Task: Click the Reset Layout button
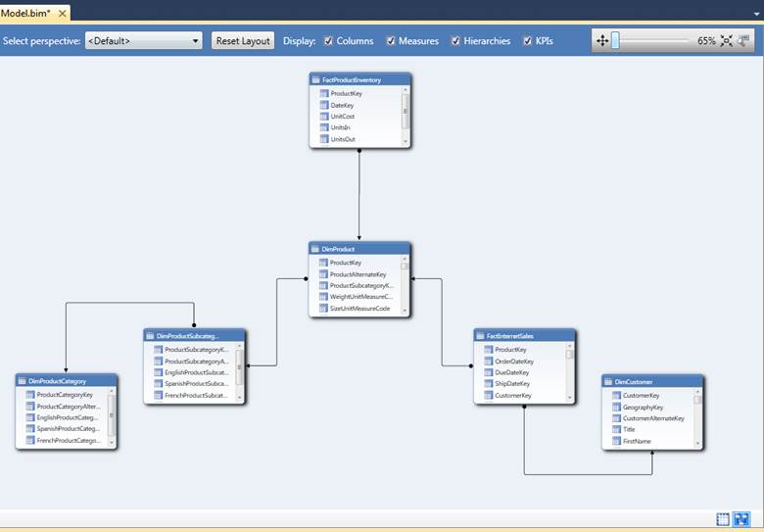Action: click(x=243, y=41)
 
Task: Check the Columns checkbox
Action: click(x=328, y=41)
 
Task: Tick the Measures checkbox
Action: click(x=392, y=41)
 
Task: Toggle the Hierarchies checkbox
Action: click(x=455, y=41)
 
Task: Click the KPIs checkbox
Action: click(x=528, y=41)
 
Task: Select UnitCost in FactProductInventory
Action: click(x=343, y=117)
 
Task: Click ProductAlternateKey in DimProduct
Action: click(x=358, y=274)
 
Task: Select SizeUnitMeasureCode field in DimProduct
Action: click(x=359, y=309)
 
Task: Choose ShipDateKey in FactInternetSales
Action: click(x=512, y=384)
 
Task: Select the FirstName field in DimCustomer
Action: click(x=637, y=441)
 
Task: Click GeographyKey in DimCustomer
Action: click(x=643, y=407)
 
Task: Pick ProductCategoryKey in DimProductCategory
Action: click(x=65, y=395)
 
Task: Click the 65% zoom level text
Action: click(x=706, y=41)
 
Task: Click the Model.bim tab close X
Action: click(x=63, y=14)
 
